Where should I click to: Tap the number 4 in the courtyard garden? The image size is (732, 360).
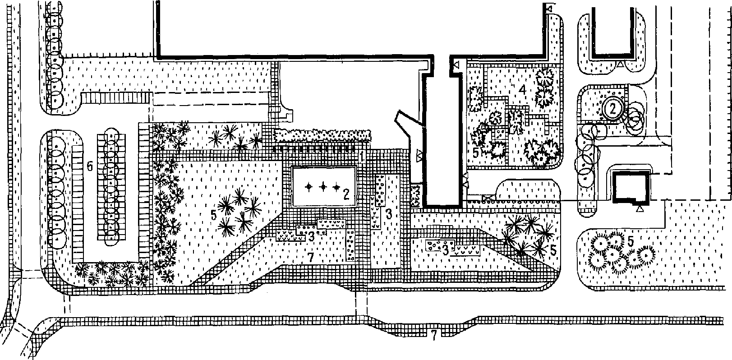pyautogui.click(x=522, y=90)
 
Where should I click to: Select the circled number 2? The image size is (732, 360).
pyautogui.click(x=612, y=108)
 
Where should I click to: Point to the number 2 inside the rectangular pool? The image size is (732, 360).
pyautogui.click(x=346, y=194)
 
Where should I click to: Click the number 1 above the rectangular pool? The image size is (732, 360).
pyautogui.click(x=362, y=157)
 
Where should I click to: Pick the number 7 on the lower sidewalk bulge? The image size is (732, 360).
pyautogui.click(x=433, y=335)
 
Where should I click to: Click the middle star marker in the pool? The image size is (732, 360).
pyautogui.click(x=322, y=187)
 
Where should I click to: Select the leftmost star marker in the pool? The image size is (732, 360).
pyautogui.click(x=309, y=187)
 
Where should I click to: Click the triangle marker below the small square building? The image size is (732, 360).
pyautogui.click(x=640, y=209)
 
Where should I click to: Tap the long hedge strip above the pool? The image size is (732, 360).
pyautogui.click(x=322, y=134)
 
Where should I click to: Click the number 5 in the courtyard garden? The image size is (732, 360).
pyautogui.click(x=477, y=152)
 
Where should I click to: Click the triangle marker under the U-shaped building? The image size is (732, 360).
pyautogui.click(x=621, y=65)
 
